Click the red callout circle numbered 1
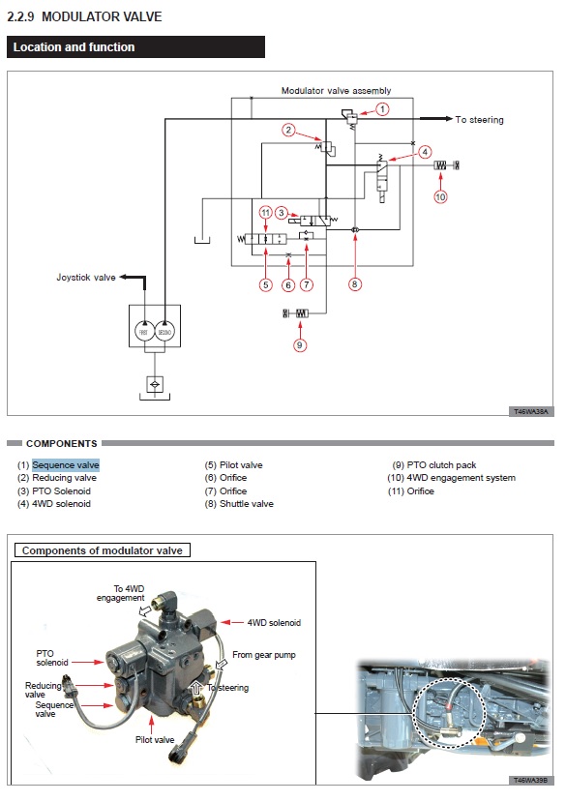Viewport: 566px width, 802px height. click(382, 109)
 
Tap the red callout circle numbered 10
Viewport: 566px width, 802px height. click(440, 197)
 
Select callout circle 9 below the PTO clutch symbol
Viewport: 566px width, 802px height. click(300, 345)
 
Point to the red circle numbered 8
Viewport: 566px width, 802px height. click(355, 284)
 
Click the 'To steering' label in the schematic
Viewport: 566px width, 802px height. click(480, 120)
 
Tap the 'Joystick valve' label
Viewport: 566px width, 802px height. click(86, 278)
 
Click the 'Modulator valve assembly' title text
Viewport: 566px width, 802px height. click(337, 91)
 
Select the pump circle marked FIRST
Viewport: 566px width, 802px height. click(144, 332)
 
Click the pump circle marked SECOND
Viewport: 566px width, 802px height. click(164, 332)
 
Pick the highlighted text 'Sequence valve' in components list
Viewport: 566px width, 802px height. click(66, 465)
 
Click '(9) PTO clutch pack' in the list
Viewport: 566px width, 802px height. click(434, 465)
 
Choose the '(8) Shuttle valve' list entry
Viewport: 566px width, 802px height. click(239, 504)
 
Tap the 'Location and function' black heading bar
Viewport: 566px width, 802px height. click(135, 47)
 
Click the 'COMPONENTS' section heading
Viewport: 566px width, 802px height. click(61, 443)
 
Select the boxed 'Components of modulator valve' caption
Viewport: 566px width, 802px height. click(103, 550)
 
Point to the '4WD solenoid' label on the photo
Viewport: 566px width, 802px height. click(274, 622)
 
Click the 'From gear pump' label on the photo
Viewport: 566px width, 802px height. click(264, 655)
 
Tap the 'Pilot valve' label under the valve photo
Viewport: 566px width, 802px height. click(155, 739)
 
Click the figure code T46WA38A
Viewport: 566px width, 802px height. click(531, 411)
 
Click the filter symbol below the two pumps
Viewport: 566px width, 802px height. click(155, 384)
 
